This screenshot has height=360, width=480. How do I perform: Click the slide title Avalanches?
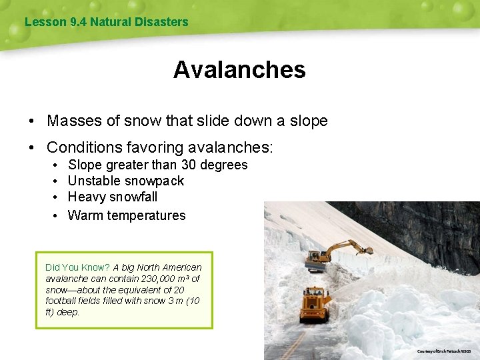tap(239, 70)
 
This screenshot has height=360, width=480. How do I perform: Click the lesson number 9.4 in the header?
tap(78, 22)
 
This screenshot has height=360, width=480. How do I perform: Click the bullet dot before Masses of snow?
tap(31, 121)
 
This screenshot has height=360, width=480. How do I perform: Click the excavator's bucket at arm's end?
tap(366, 251)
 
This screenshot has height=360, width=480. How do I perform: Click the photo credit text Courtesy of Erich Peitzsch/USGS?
tap(443, 351)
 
